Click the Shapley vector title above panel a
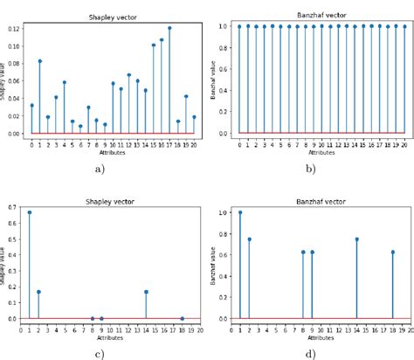pos(113,17)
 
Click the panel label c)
pos(99,353)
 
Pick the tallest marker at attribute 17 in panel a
pos(169,28)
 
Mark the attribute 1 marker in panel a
pos(40,61)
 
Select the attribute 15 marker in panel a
pos(154,45)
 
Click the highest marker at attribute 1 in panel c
pos(30,212)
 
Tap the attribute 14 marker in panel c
pos(146,292)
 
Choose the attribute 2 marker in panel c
pos(38,292)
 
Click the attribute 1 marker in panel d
pos(240,212)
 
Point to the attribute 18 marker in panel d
pos(392,252)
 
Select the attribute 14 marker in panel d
pos(356,239)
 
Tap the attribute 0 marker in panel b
pos(239,26)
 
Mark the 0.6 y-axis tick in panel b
pos(224,69)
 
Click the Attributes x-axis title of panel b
pos(321,152)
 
